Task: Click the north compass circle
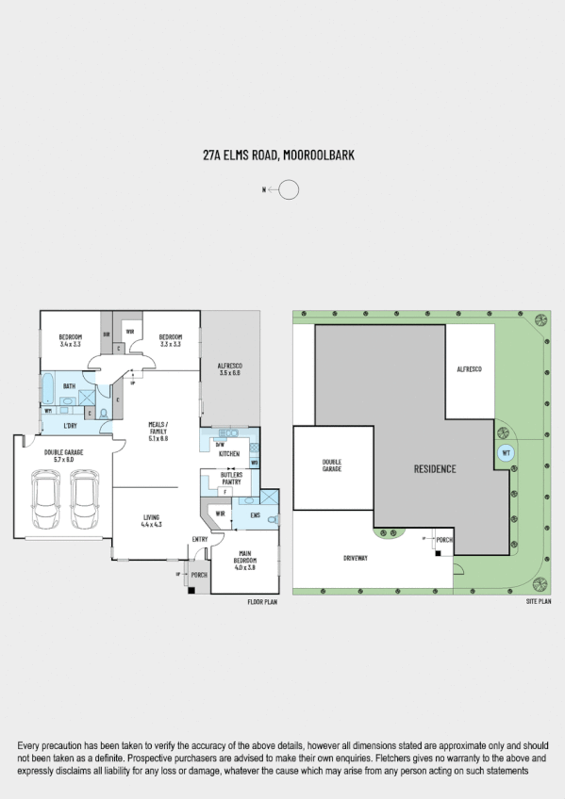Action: pos(289,190)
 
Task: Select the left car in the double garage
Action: pos(45,499)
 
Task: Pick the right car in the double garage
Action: pos(85,499)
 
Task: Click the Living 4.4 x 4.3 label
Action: pos(152,521)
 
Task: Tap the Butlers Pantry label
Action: pos(231,478)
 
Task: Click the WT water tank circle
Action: pos(506,452)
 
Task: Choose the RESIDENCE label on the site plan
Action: pos(434,468)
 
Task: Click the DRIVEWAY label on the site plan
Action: pos(357,558)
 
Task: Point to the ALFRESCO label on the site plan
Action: pos(469,368)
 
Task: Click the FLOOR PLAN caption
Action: pos(262,600)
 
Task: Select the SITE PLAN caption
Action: pos(539,600)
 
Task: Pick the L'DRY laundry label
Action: pos(70,426)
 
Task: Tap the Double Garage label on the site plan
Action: pos(331,465)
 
